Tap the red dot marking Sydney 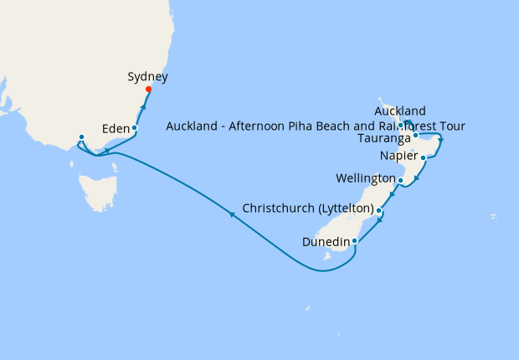pyautogui.click(x=148, y=90)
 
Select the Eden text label pyautogui.click(x=114, y=129)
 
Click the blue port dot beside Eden pyautogui.click(x=134, y=128)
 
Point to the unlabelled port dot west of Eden pyautogui.click(x=81, y=137)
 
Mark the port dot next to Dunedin pyautogui.click(x=356, y=241)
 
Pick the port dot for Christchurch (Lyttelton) pyautogui.click(x=379, y=210)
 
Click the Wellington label pyautogui.click(x=365, y=179)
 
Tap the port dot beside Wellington pyautogui.click(x=400, y=180)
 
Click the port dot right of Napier pyautogui.click(x=424, y=157)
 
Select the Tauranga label pyautogui.click(x=383, y=137)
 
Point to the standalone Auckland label pyautogui.click(x=400, y=111)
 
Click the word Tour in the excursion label pyautogui.click(x=451, y=126)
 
